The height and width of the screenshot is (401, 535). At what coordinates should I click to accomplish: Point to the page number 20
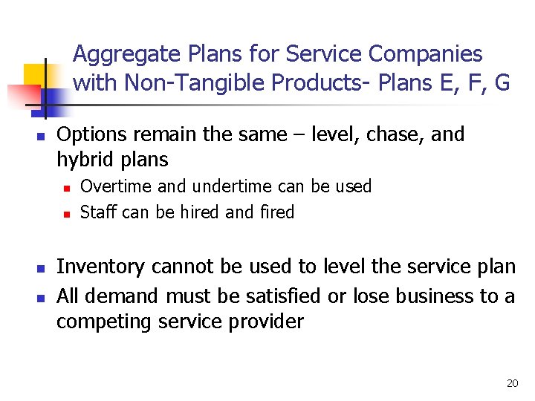click(512, 383)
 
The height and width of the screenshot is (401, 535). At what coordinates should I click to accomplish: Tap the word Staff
click(98, 212)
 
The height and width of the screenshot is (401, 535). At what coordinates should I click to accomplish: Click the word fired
click(277, 212)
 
